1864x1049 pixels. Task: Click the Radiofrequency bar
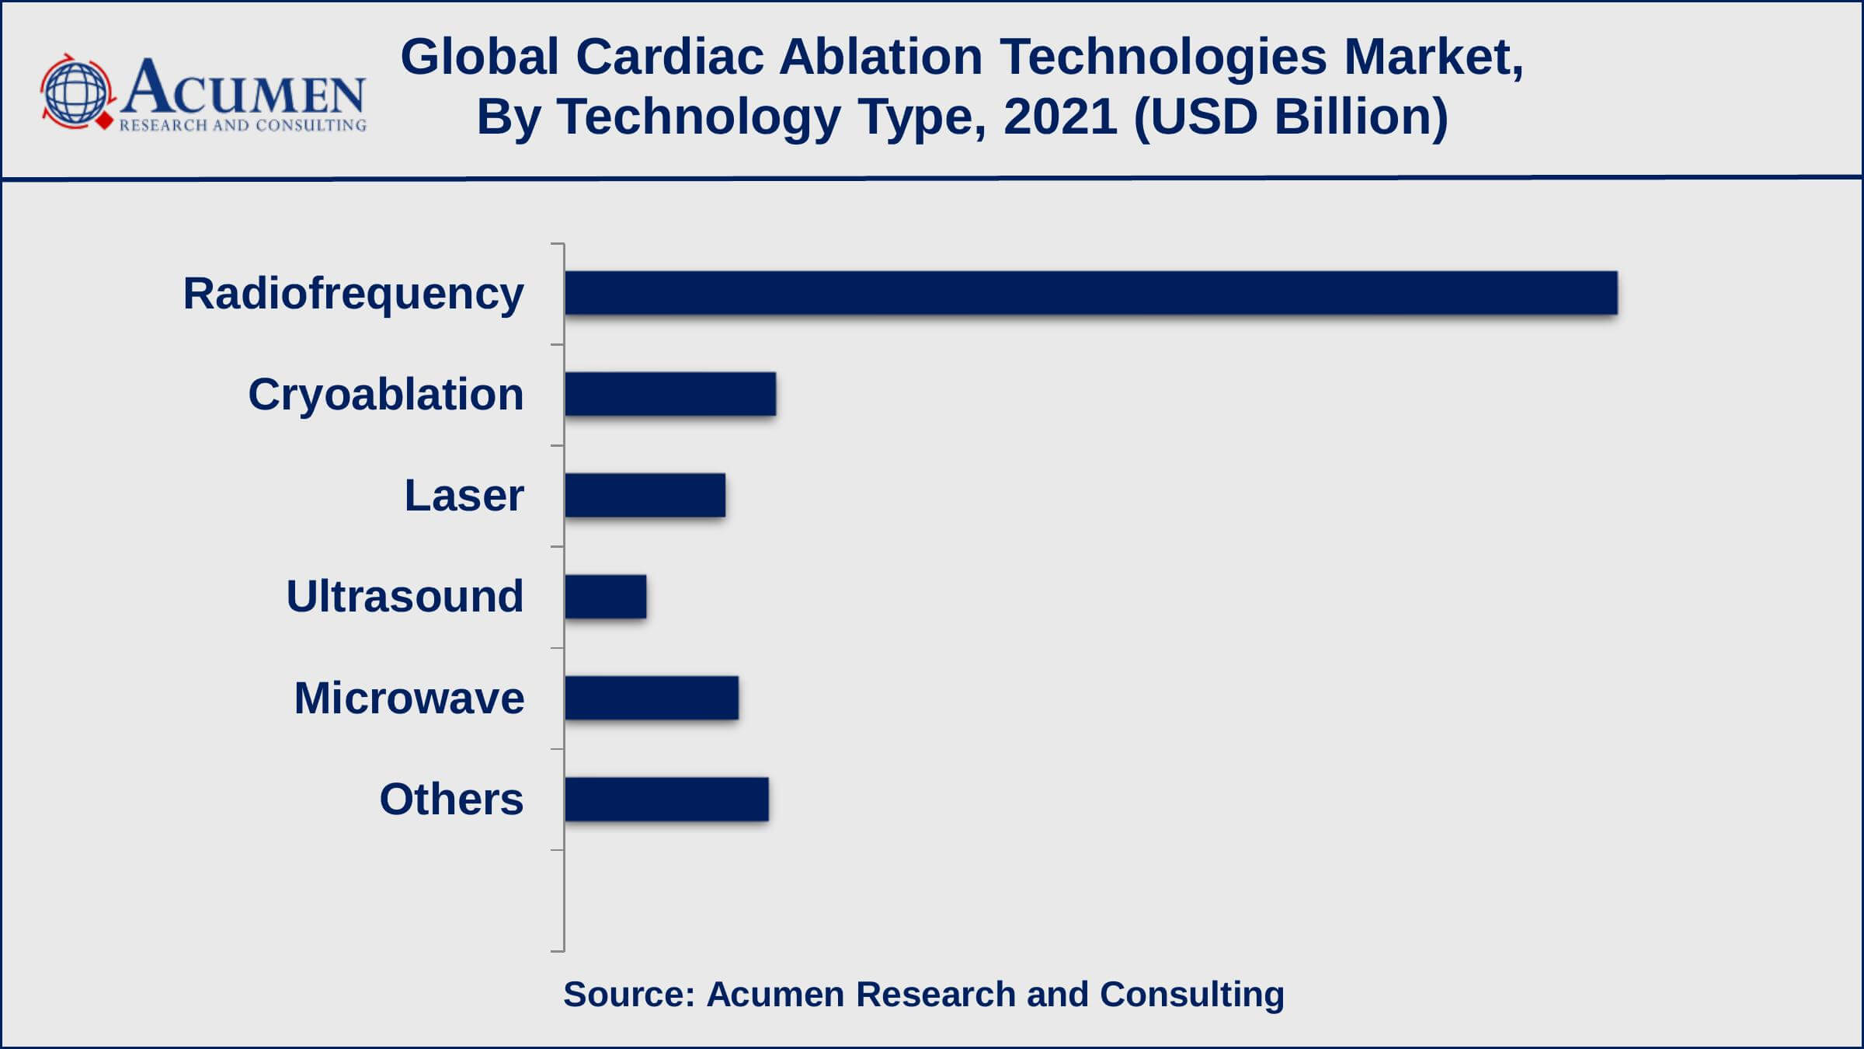pos(1090,293)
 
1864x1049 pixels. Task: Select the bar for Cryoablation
pos(670,394)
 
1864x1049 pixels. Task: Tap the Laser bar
pos(645,495)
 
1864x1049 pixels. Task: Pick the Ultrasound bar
pos(605,597)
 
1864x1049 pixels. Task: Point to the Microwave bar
pos(652,698)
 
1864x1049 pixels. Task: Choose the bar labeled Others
pos(666,799)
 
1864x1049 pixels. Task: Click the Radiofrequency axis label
pos(353,294)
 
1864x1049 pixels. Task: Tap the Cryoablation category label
pos(385,395)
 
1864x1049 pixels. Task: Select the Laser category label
pos(464,496)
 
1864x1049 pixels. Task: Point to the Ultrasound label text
pos(405,597)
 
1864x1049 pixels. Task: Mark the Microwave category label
pos(409,698)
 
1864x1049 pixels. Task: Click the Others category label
pos(451,800)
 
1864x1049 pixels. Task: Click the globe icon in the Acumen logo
pos(75,92)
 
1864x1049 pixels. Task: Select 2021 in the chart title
pos(1060,117)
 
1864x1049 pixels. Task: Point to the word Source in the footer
pos(628,995)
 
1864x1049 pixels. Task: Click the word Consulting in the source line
pos(1191,995)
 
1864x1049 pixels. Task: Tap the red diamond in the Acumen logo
pos(104,122)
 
